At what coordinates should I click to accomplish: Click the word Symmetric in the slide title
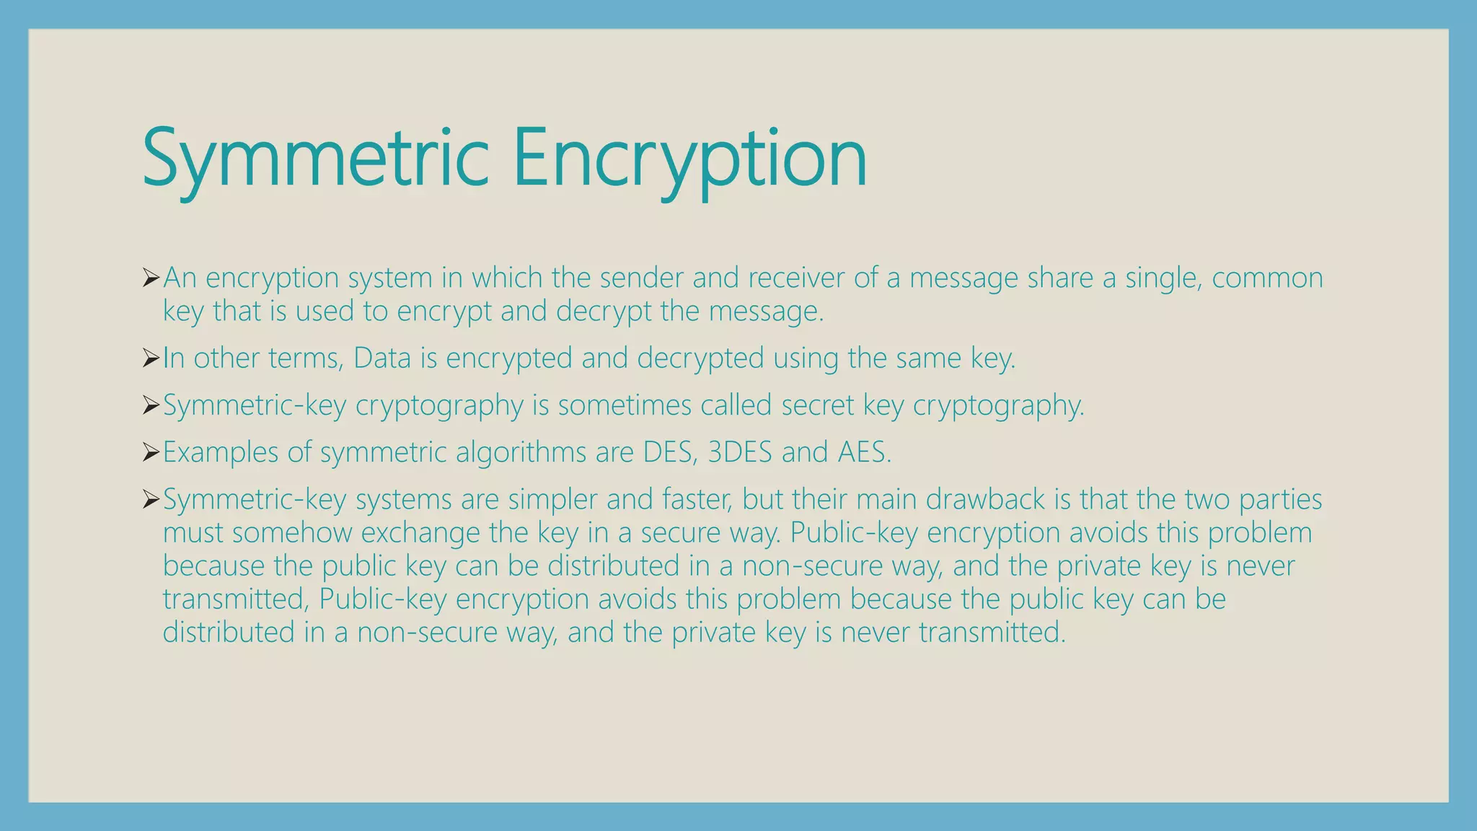[316, 159]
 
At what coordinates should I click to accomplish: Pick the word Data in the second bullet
[382, 359]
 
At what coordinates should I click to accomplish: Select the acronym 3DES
[739, 452]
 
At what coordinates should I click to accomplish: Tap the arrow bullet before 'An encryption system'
[151, 277]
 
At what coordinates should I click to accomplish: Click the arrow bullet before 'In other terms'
[151, 358]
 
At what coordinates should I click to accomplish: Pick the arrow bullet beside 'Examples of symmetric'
[151, 452]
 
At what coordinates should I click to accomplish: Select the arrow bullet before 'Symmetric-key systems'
[151, 499]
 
